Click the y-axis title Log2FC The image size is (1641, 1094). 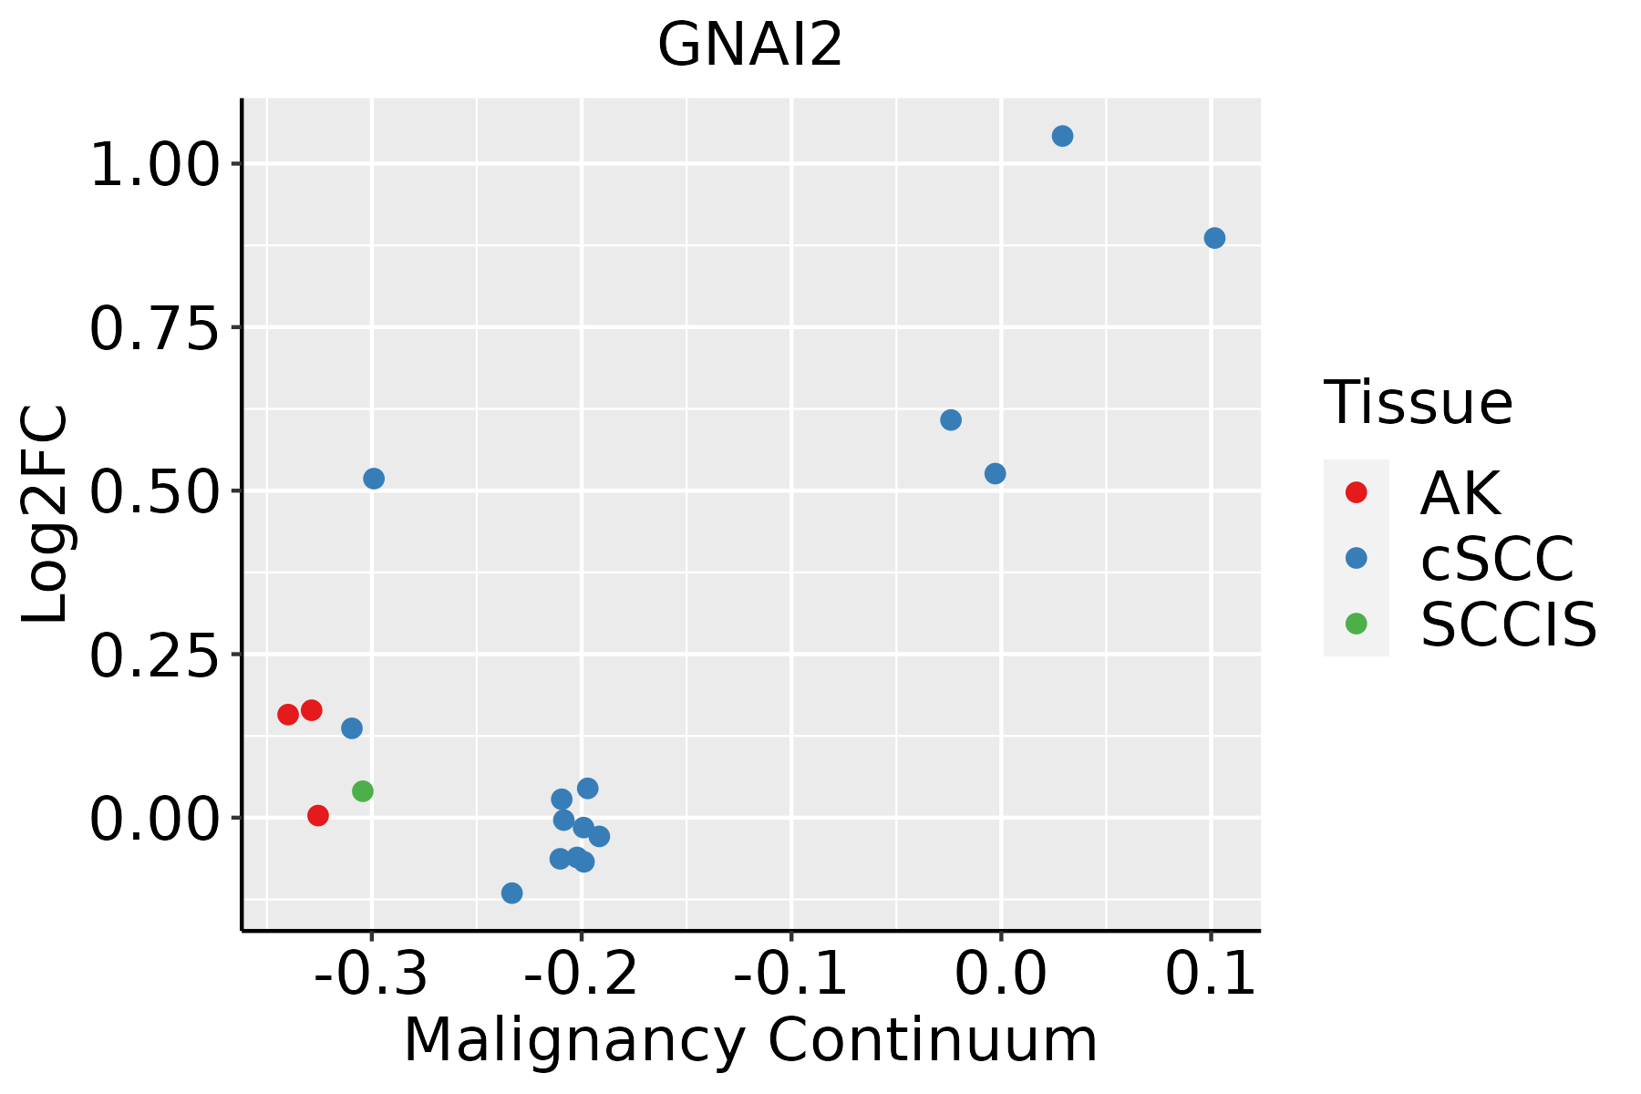[46, 515]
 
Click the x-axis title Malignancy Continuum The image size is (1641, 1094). [749, 1040]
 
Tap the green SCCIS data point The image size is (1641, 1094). [363, 791]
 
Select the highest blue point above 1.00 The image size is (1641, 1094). [1062, 137]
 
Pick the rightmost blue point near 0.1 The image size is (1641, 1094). [1214, 239]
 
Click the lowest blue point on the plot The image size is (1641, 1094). [512, 893]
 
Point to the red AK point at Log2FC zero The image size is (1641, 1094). [318, 816]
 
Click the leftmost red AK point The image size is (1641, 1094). [288, 715]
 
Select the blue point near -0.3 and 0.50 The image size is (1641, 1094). [374, 479]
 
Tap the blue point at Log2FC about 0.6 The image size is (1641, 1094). [951, 420]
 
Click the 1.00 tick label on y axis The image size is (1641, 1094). [155, 165]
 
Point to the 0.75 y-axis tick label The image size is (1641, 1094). [155, 328]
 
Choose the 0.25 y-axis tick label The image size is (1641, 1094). [155, 655]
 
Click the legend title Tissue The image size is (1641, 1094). [1418, 402]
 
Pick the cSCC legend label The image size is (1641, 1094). [1497, 559]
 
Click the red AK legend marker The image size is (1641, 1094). [1356, 492]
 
